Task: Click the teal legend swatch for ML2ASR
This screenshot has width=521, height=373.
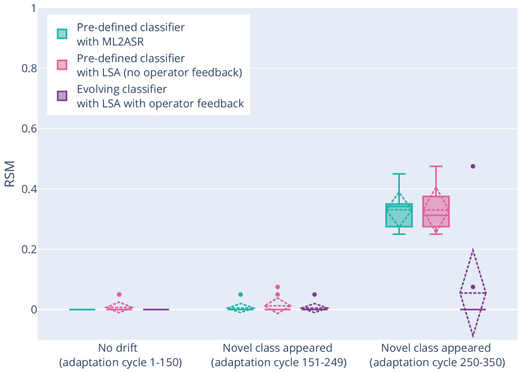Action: click(x=62, y=33)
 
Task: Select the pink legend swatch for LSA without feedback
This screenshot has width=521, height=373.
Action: click(x=62, y=65)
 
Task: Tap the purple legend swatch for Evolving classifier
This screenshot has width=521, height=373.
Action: click(x=62, y=96)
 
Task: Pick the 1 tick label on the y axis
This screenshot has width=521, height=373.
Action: click(x=30, y=8)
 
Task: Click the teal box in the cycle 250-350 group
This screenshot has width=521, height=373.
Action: click(x=399, y=216)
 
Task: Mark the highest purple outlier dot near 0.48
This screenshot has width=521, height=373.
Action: click(x=473, y=166)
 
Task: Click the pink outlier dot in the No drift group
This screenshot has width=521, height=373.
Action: click(x=119, y=294)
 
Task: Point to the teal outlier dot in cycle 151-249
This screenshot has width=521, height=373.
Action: click(x=240, y=294)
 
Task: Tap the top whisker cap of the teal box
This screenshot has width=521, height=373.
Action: click(x=399, y=174)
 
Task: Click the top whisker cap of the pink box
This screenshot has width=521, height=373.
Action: click(x=436, y=166)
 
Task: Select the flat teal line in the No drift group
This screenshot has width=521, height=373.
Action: click(x=82, y=309)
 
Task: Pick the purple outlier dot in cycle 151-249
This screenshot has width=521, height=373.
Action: click(x=314, y=294)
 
